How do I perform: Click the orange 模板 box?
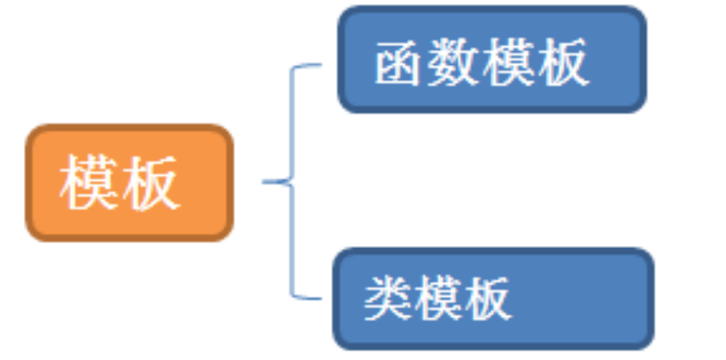[x=130, y=183]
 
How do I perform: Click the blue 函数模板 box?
[x=491, y=60]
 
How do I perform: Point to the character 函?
[x=400, y=62]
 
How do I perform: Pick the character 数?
[x=454, y=62]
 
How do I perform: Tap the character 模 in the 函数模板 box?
[x=509, y=62]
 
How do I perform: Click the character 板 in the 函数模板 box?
[x=563, y=62]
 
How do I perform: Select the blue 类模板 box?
[x=493, y=298]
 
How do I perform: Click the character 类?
[x=389, y=299]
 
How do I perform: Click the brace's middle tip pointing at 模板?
[x=266, y=182]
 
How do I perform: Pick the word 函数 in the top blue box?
[x=427, y=62]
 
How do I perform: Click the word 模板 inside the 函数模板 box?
[x=536, y=62]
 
